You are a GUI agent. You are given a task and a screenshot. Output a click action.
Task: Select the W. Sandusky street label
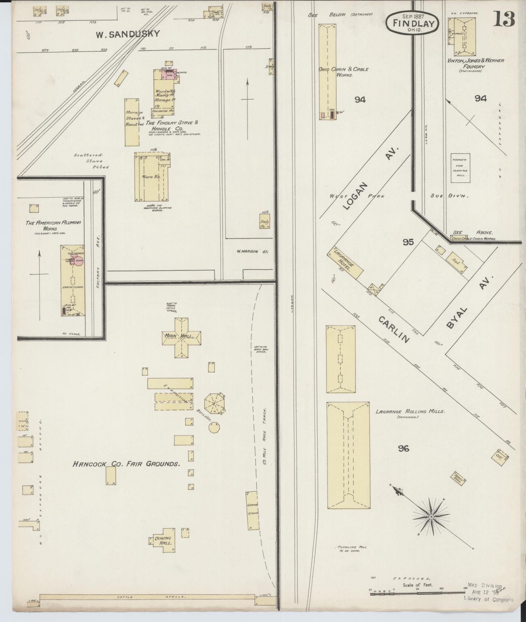pos(128,34)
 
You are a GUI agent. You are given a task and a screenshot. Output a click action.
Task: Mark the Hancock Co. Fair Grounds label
pos(126,464)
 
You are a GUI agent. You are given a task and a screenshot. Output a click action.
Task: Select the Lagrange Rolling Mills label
pos(410,412)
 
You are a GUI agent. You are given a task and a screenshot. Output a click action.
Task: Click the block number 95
pos(408,242)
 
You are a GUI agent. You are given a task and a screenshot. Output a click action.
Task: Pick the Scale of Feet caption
pos(417,585)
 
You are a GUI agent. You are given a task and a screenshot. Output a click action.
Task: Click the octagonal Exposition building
pos(214,403)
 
